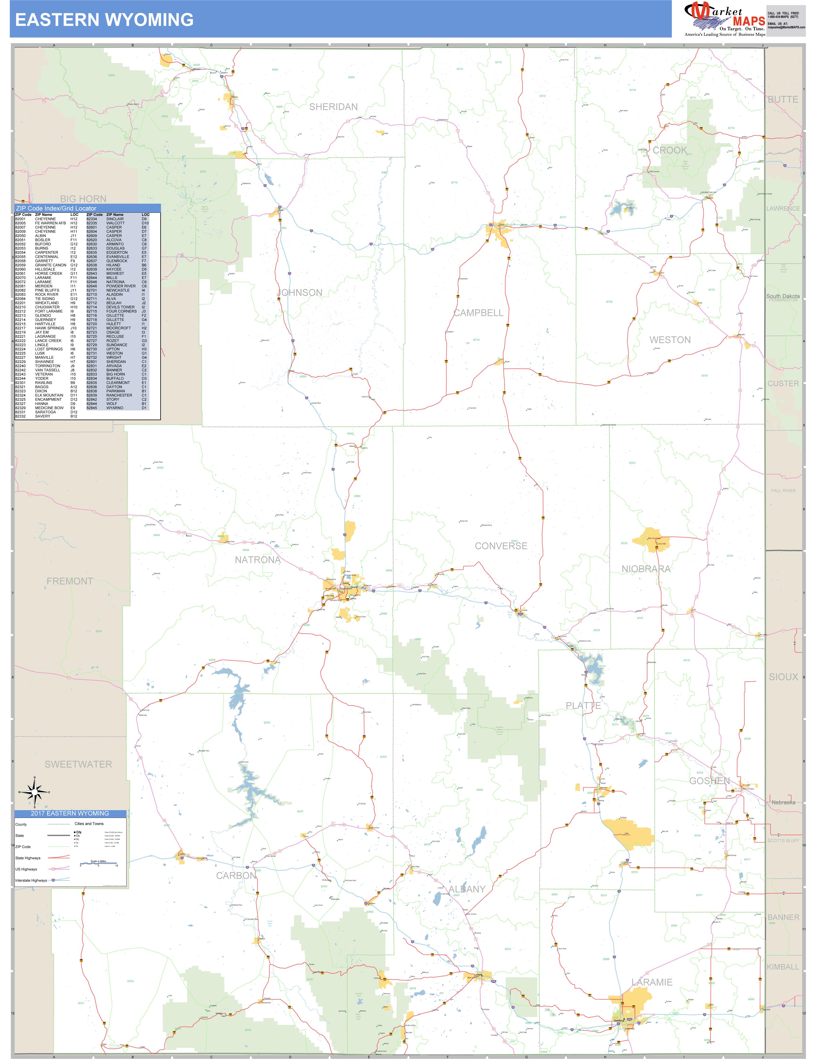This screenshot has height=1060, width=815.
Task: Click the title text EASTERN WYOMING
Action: pos(104,20)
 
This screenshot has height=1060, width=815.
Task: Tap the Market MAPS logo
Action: pos(725,19)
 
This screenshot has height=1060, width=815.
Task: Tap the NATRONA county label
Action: pos(258,560)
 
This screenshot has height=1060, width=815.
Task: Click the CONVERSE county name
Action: pos(501,546)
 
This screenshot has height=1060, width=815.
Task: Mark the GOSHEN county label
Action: pos(709,781)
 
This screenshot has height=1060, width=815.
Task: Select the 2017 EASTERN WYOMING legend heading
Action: pos(70,813)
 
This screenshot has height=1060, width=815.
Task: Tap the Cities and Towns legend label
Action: pos(89,823)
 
